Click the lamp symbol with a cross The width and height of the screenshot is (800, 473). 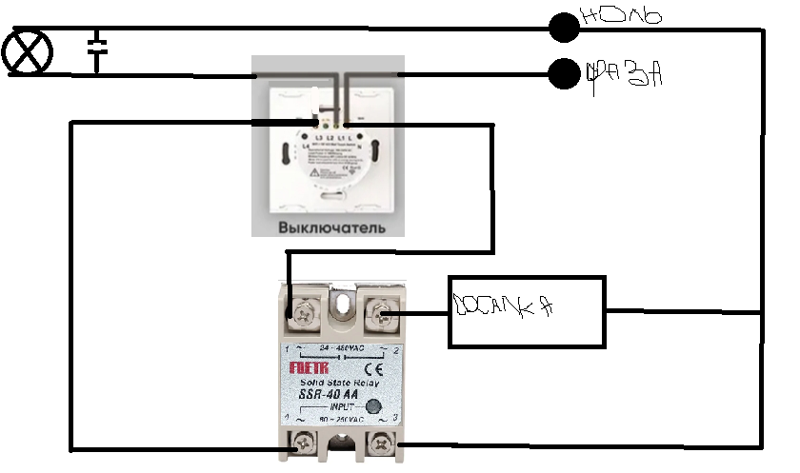(27, 51)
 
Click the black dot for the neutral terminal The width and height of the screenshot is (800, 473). (564, 28)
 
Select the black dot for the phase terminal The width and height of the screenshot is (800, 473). (565, 73)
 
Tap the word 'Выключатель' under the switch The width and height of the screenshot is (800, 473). (331, 228)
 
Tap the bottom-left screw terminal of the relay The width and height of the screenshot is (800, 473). (305, 441)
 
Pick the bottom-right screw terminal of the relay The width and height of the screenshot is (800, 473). (382, 441)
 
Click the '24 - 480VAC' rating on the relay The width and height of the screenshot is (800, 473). (342, 347)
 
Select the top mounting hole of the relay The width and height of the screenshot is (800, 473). (342, 303)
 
